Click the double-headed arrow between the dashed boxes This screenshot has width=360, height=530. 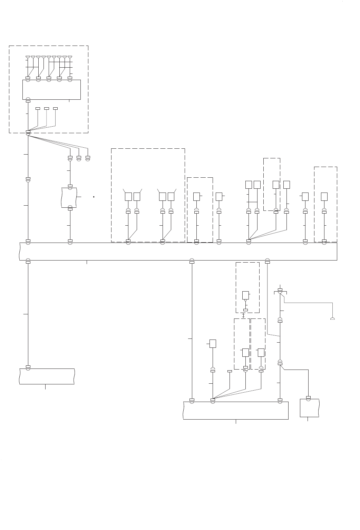tap(244, 315)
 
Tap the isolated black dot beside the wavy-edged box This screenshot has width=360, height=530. tap(94, 197)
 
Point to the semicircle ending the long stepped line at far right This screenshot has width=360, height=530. tap(332, 318)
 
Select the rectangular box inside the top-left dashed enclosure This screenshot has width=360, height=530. tap(51, 90)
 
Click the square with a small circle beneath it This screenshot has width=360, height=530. tap(245, 295)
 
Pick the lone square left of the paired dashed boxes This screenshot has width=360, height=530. tap(213, 344)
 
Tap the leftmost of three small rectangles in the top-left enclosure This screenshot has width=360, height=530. tap(38, 108)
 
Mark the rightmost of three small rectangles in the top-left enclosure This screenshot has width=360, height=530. tap(55, 108)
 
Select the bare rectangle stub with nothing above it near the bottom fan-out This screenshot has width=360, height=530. tap(230, 371)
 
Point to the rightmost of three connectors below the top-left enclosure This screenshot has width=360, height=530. tap(88, 158)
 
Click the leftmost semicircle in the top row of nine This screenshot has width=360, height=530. tap(28, 57)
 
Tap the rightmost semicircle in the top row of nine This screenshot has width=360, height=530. tap(70, 57)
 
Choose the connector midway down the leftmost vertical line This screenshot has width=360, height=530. tap(28, 179)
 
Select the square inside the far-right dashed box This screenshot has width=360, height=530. tap(324, 196)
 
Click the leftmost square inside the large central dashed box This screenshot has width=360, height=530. tap(128, 197)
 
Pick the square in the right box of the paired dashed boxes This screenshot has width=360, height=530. tap(261, 352)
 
